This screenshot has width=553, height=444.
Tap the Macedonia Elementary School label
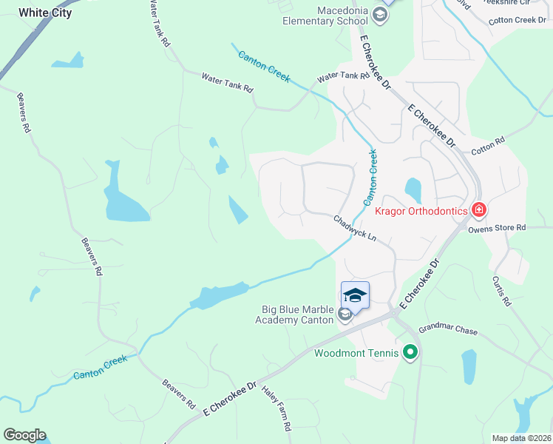pos(326,16)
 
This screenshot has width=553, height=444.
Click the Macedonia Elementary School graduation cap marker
pos(380,15)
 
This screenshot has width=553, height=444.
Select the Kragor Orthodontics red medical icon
pos(479,211)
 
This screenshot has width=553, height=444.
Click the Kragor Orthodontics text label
pos(421,212)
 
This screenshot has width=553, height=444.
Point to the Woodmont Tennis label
pos(356,353)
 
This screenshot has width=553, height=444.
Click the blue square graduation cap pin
pos(355,295)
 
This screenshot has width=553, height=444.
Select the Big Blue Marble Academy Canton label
pos(294,314)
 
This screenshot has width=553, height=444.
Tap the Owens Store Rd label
pos(496,228)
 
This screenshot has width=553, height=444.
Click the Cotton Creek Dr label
pos(517,20)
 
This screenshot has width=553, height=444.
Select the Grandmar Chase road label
pos(448,330)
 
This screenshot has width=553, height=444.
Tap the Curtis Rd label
pos(501,291)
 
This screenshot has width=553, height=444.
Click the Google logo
pos(24,435)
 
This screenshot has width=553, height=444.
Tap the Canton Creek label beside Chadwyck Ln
pos(370,178)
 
